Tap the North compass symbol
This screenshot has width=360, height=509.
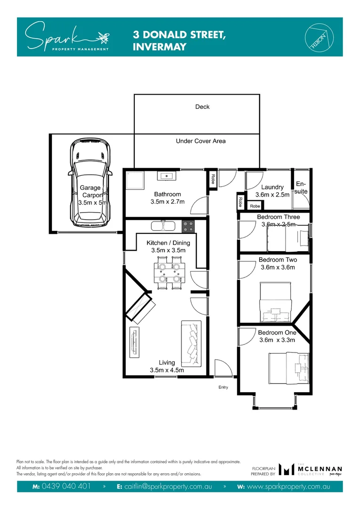point(318,36)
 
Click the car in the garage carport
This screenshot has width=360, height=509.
point(91,183)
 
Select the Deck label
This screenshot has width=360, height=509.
point(202,107)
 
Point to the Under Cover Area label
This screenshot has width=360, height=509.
point(201,141)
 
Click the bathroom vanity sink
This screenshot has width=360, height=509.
point(167,176)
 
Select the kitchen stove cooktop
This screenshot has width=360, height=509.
point(188,226)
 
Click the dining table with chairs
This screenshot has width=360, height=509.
point(169,272)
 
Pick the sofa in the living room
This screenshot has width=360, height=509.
point(191,338)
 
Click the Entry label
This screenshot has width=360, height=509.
point(223,387)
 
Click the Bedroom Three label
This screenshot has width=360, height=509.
point(278,217)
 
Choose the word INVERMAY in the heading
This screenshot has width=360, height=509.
point(160,47)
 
